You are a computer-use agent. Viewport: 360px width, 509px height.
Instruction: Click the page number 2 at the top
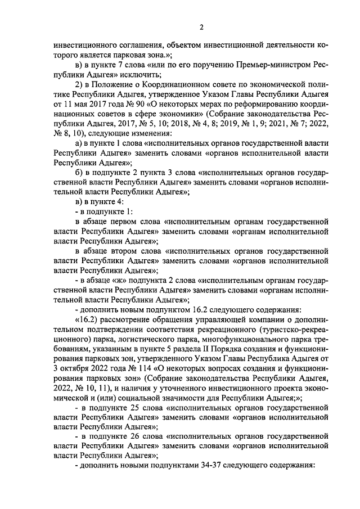click(201, 27)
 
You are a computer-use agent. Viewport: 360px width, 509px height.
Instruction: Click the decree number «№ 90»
click(143, 105)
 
